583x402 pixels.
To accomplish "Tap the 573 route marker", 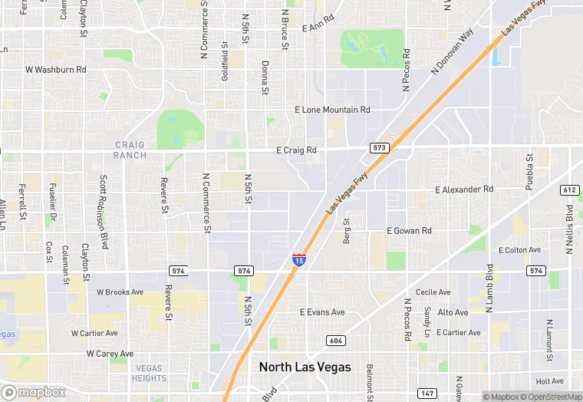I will coord(378,147).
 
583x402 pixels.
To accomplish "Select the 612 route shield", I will coord(569,190).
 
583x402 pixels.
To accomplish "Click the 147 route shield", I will coord(428,394).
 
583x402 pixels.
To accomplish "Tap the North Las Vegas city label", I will coord(305,367).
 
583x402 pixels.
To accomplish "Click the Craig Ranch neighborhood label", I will coord(130,150).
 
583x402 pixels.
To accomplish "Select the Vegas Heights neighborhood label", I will coord(149,373).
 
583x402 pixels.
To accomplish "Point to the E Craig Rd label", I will coord(296,150).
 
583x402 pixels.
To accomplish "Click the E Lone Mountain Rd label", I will coord(332,110).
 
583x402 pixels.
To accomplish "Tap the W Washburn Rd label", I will coord(56,69).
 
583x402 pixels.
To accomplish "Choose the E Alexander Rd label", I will coord(464,189).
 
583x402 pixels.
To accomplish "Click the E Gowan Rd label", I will coord(409,230).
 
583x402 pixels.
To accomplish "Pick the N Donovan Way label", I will coord(453,52).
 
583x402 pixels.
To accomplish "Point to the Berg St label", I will coord(347,231).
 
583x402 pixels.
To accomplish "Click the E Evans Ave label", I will coord(322,312).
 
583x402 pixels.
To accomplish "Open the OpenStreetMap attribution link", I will coord(550,397).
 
